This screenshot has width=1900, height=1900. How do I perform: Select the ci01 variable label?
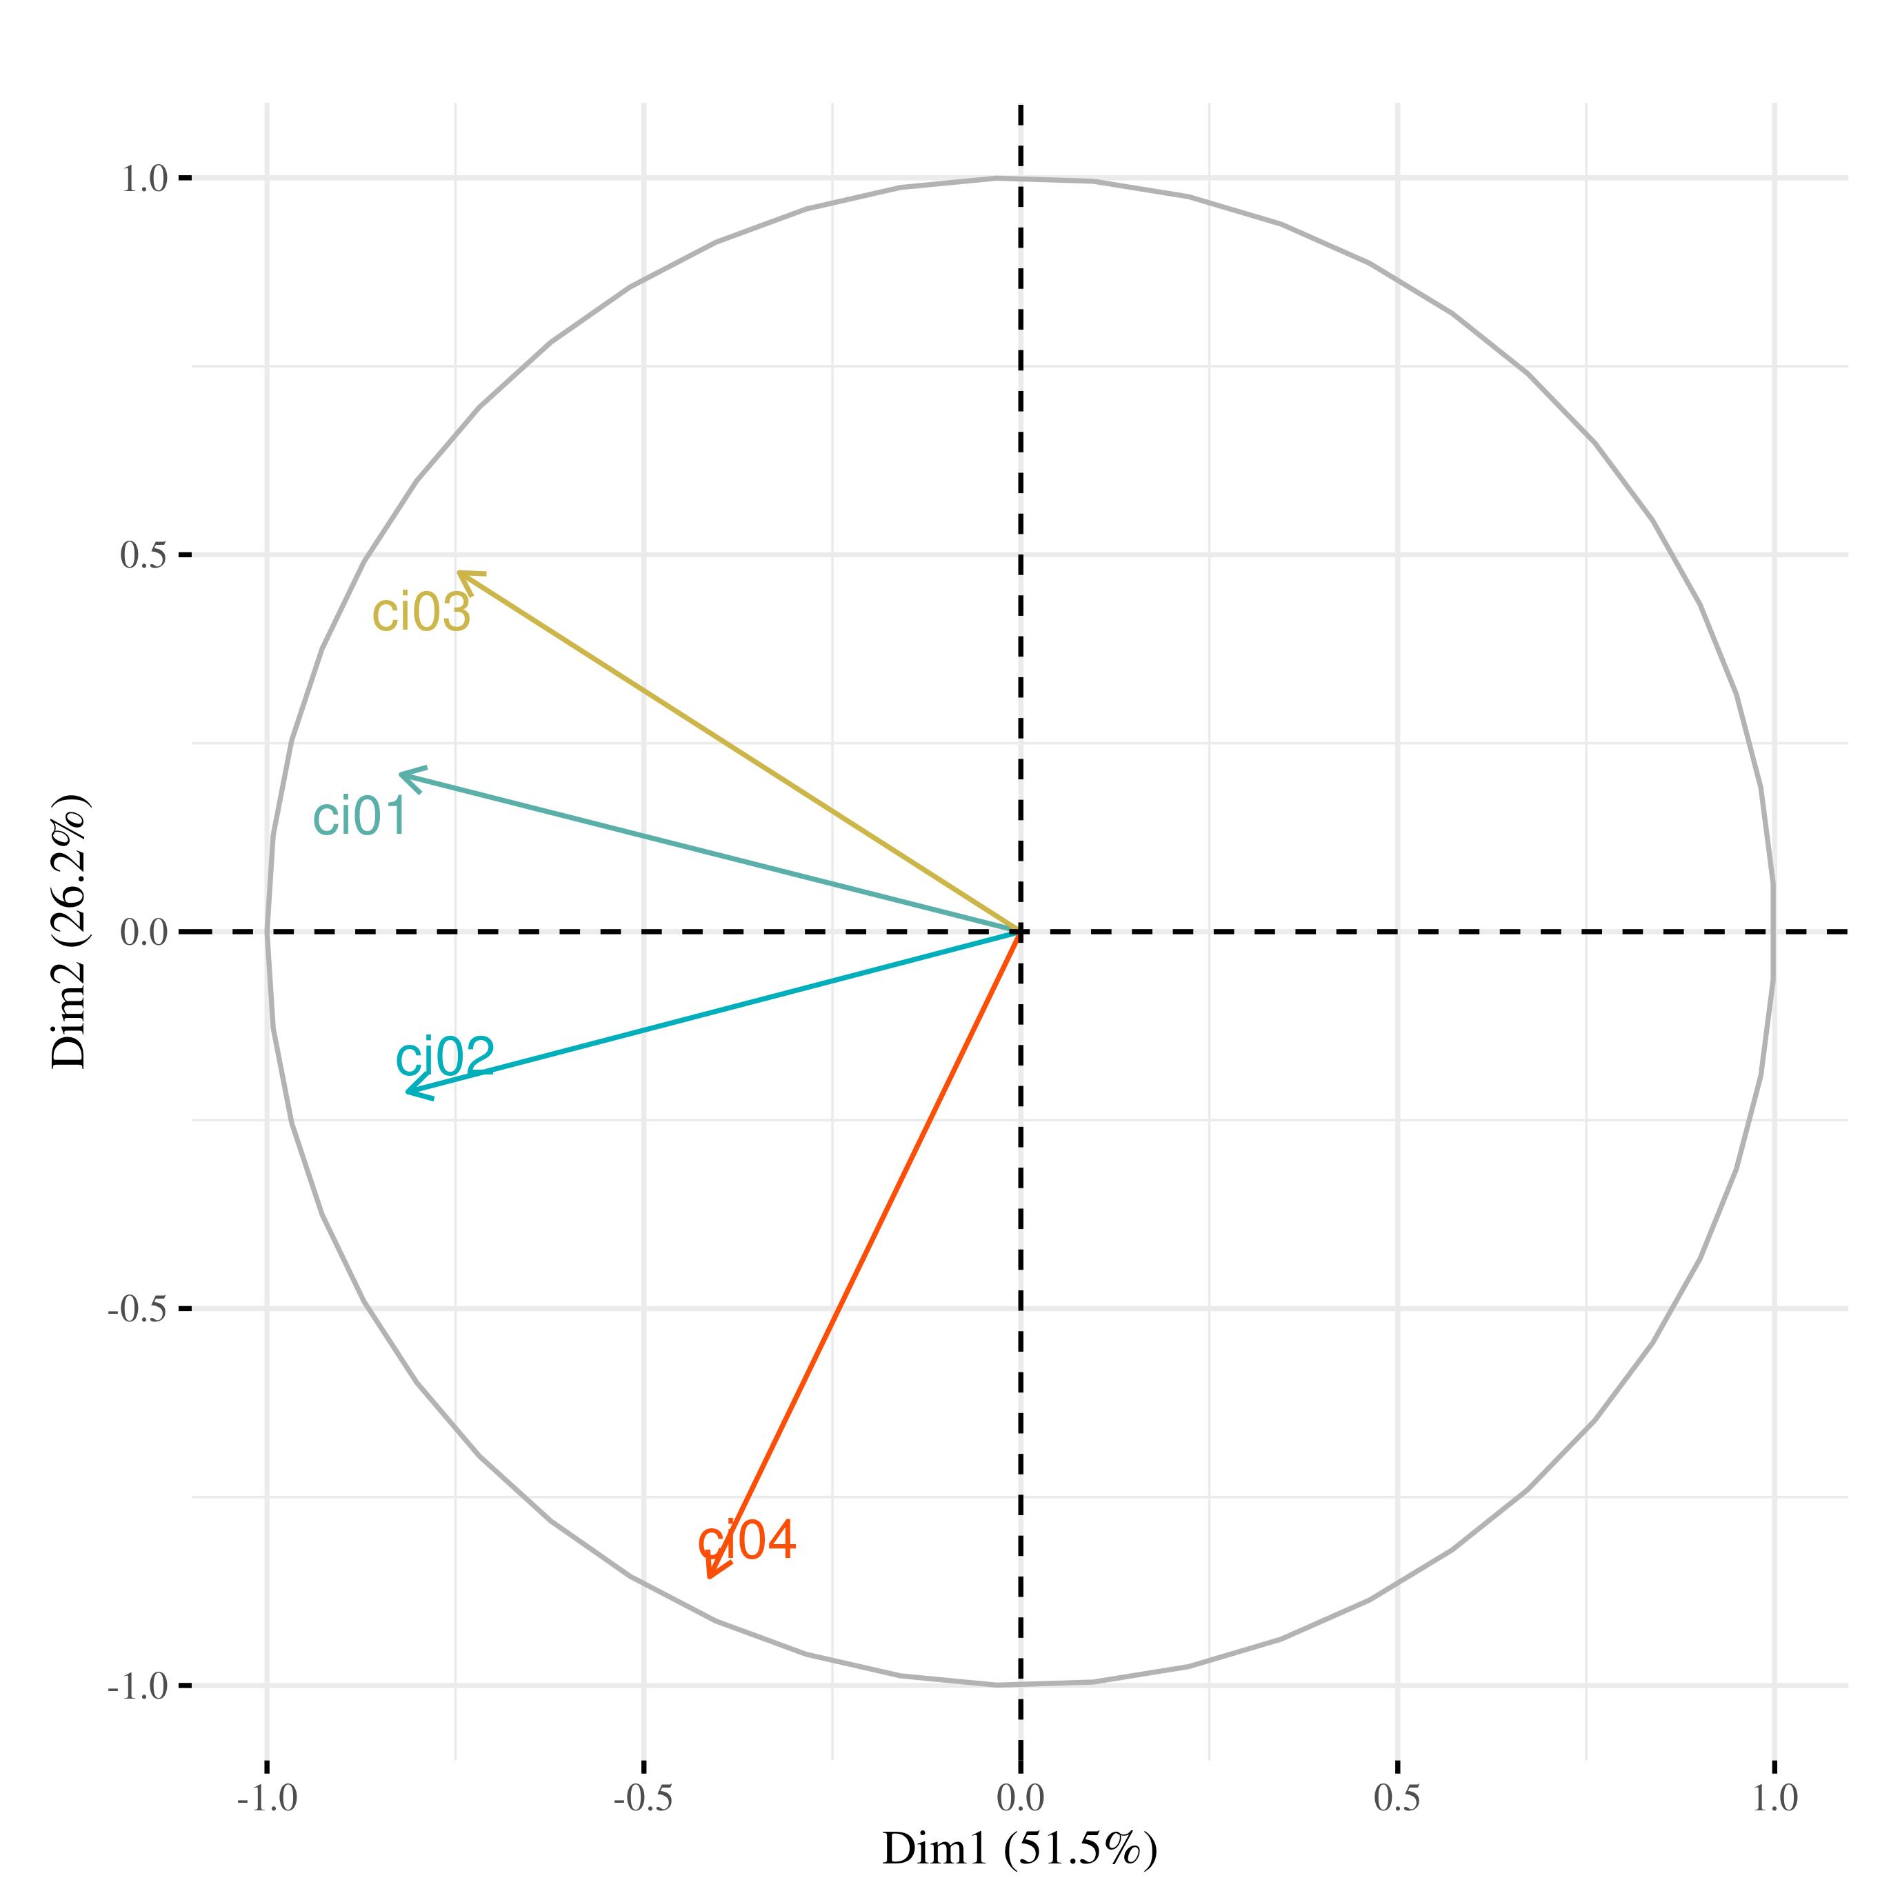[x=360, y=817]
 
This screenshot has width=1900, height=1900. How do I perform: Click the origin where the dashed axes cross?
[x=1020, y=931]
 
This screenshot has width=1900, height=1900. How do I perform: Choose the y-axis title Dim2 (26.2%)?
[x=71, y=931]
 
